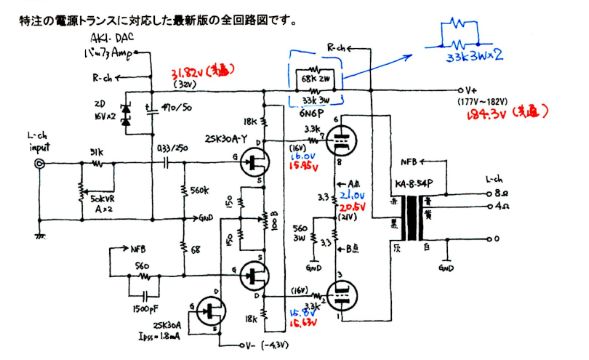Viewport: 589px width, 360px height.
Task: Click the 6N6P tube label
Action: pos(315,115)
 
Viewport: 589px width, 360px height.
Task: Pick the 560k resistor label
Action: pos(197,190)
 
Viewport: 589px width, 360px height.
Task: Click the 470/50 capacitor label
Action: pos(164,107)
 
